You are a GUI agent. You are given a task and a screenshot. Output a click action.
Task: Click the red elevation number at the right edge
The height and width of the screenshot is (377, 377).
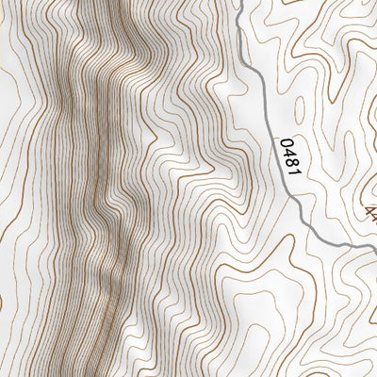coord(369,209)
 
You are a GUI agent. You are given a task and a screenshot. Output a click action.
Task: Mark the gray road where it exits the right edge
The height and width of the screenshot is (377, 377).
coord(374,248)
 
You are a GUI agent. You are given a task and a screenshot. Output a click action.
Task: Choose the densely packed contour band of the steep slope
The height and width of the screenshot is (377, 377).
coord(94,188)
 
